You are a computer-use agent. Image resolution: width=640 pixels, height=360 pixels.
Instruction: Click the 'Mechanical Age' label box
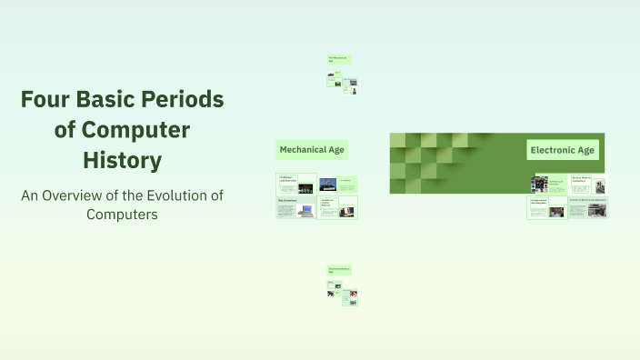point(312,149)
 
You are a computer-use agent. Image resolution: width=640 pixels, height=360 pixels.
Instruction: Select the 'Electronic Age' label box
point(563,149)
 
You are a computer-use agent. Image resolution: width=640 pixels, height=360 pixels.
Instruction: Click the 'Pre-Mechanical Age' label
point(339,59)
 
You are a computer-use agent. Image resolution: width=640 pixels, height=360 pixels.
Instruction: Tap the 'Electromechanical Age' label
point(339,270)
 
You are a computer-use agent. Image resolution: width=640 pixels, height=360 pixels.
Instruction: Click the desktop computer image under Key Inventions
point(306,210)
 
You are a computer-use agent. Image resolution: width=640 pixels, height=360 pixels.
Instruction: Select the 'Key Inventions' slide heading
point(287,200)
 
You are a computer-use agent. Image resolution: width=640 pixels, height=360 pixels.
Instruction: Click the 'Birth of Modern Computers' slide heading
point(582,179)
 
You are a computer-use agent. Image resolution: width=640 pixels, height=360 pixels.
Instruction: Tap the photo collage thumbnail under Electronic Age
point(540,184)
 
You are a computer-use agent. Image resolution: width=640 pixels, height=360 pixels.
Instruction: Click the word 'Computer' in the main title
point(122,130)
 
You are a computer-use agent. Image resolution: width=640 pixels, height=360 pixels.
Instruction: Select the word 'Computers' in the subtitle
point(122,215)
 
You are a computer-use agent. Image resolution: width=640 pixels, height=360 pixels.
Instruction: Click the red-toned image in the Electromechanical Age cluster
point(352,294)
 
